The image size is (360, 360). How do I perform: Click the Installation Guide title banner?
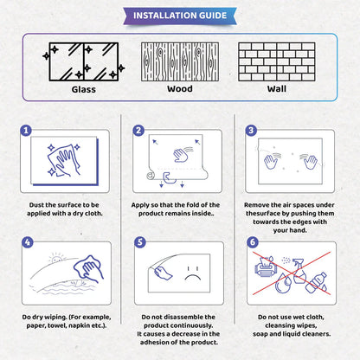179,15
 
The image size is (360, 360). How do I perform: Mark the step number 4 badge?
27,242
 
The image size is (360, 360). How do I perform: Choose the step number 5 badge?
138,242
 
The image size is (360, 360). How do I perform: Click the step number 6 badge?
251,242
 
